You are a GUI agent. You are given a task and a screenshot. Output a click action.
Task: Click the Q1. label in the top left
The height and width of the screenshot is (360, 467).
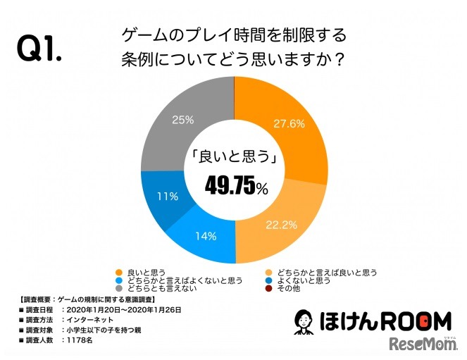click(39, 49)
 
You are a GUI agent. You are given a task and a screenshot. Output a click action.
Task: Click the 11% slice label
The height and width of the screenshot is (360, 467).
click(167, 197)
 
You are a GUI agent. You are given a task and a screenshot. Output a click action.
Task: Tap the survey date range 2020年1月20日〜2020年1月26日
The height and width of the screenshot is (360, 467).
click(122, 309)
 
